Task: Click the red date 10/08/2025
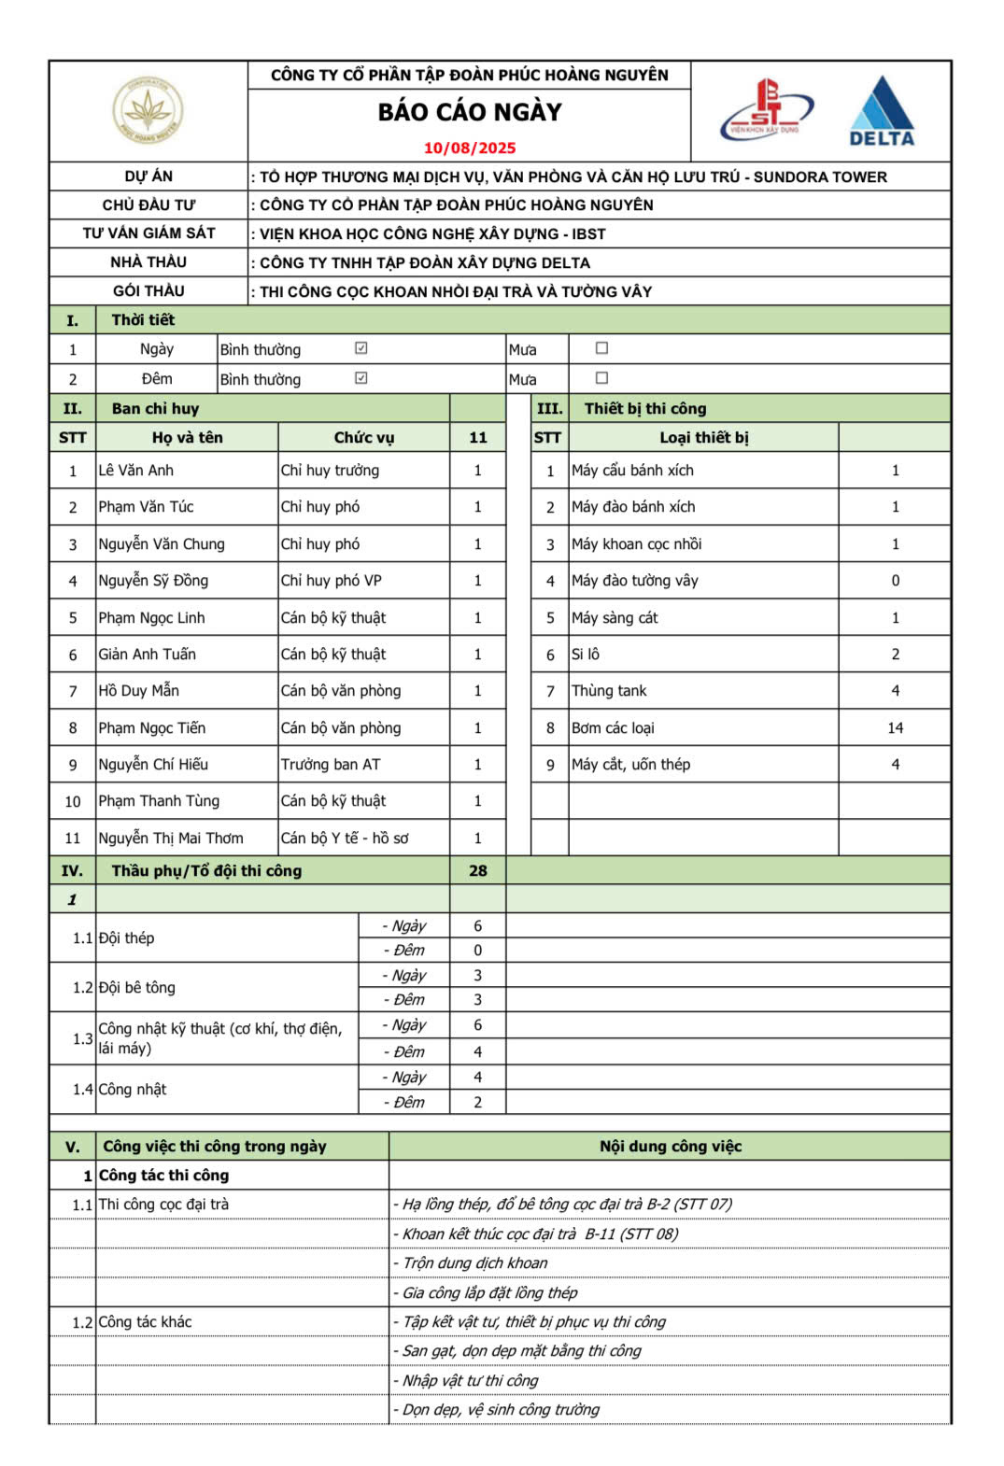[x=469, y=148]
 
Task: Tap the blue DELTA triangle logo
[x=881, y=111]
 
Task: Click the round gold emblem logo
[x=148, y=111]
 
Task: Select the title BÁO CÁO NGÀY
[x=470, y=112]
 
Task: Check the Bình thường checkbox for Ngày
[x=361, y=348]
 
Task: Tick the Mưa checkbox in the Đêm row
[x=601, y=378]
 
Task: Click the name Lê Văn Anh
[x=136, y=471]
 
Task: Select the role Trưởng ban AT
[x=331, y=765]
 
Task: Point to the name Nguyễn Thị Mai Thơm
[x=171, y=839]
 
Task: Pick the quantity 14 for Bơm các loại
[x=895, y=728]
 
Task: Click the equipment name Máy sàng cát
[x=615, y=618]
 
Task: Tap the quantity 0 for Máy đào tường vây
[x=895, y=581]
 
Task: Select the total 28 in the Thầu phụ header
[x=477, y=871]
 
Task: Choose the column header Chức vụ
[x=364, y=438]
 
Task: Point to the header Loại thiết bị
[x=703, y=438]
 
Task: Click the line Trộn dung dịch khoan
[x=474, y=1263]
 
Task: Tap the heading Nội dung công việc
[x=670, y=1147]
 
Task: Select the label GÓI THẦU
[x=148, y=291]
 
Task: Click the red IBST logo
[x=767, y=110]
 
